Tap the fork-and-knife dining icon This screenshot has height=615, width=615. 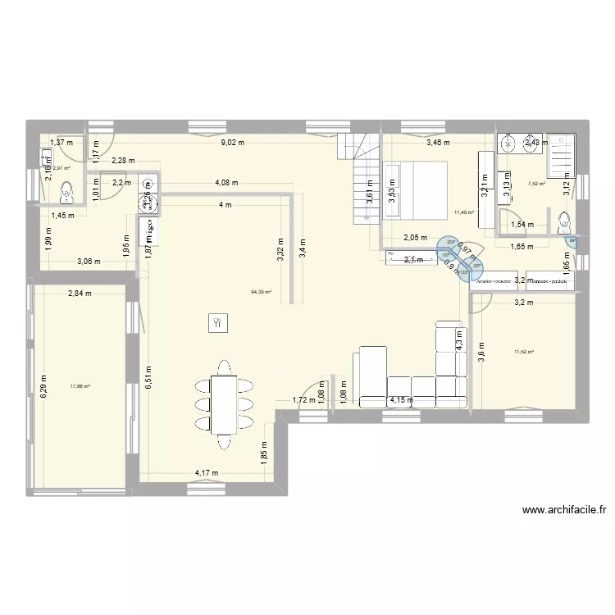pyautogui.click(x=217, y=322)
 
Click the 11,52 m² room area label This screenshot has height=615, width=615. pyautogui.click(x=523, y=353)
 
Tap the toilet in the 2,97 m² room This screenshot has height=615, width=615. pyautogui.click(x=68, y=194)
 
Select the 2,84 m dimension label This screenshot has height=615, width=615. pyautogui.click(x=80, y=293)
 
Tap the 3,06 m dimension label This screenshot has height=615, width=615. pyautogui.click(x=89, y=262)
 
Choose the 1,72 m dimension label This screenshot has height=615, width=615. pyautogui.click(x=304, y=400)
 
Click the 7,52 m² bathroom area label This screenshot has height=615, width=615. pyautogui.click(x=537, y=184)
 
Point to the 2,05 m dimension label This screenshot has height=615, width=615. pyautogui.click(x=416, y=237)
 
